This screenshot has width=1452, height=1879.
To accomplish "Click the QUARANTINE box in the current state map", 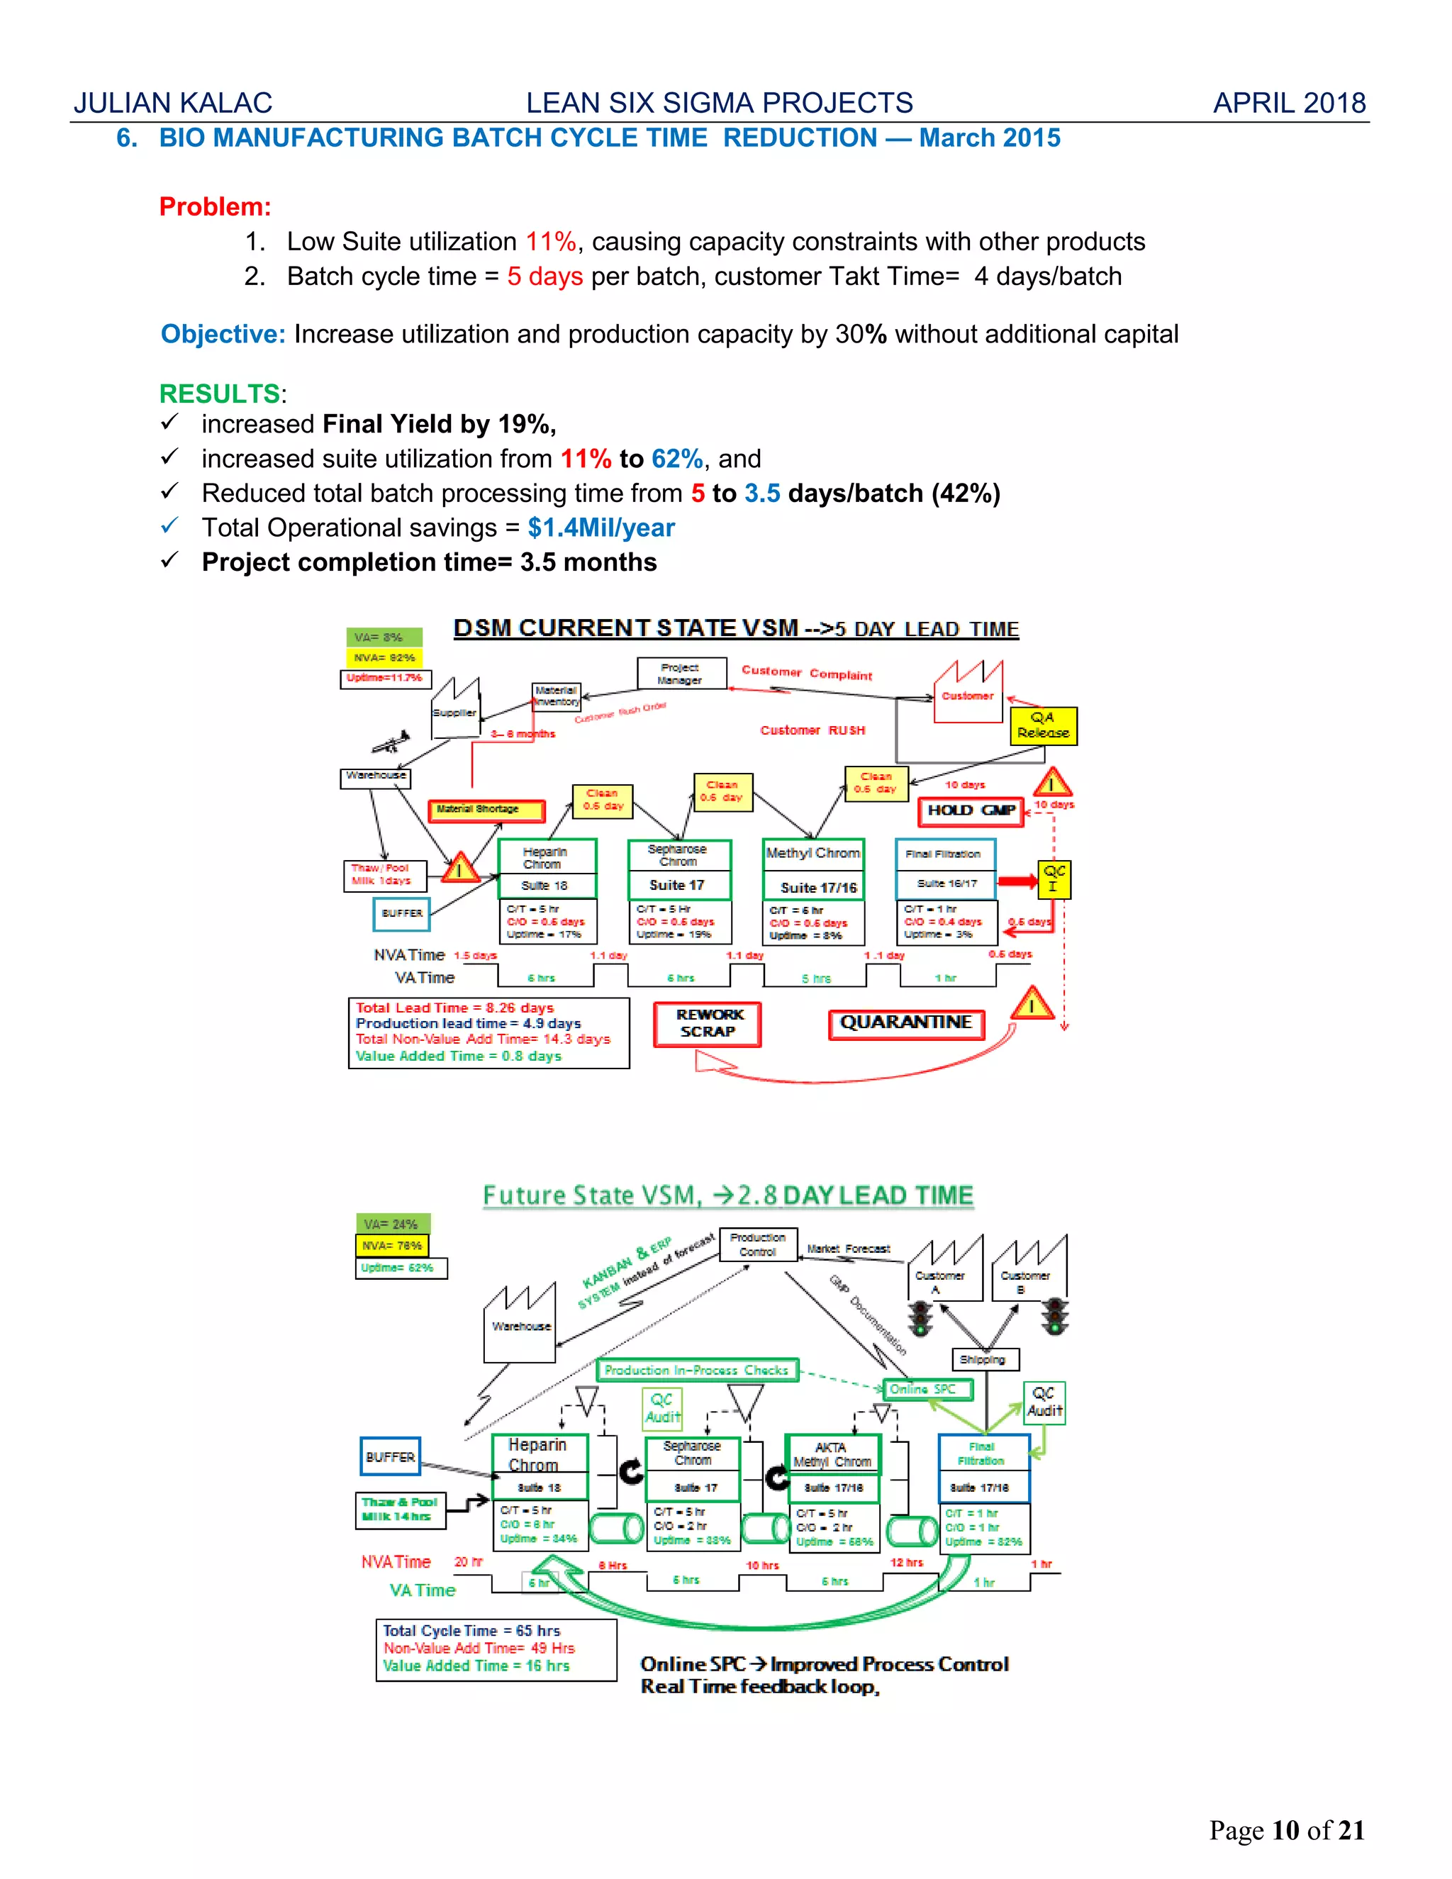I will (x=906, y=1024).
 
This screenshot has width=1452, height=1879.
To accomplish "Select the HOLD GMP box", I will (x=971, y=810).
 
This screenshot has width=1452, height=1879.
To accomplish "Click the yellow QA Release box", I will (x=1042, y=725).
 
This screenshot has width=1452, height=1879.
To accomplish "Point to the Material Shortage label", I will (x=486, y=810).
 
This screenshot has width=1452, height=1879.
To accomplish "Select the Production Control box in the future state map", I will (x=757, y=1244).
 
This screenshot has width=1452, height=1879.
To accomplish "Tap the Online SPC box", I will (x=927, y=1388).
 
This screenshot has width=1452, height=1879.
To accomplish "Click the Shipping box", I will (x=984, y=1359).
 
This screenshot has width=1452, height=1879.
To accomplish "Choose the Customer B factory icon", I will (x=1028, y=1269).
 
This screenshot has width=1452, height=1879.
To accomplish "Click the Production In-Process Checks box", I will (x=697, y=1370).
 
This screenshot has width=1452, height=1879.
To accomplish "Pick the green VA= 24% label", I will (x=392, y=1223).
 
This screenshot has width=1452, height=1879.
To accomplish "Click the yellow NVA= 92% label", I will (x=384, y=657).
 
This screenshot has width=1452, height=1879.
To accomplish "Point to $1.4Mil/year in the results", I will (x=601, y=528).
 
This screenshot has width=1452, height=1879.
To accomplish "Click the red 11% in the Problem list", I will (x=550, y=242).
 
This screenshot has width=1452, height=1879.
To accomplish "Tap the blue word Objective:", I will (x=223, y=334).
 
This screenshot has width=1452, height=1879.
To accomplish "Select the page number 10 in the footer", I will (x=1285, y=1830).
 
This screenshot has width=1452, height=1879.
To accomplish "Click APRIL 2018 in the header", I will (x=1288, y=104).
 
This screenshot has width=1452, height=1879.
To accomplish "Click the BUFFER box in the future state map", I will (x=391, y=1456).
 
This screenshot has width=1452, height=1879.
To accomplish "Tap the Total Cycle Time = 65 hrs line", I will (x=471, y=1630).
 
